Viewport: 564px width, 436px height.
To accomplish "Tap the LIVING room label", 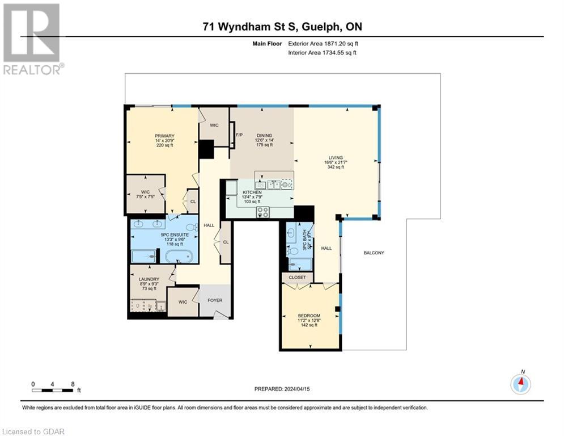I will tap(334, 158).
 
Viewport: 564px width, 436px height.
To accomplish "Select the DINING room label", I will tap(264, 135).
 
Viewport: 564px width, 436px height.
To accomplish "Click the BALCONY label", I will tap(374, 253).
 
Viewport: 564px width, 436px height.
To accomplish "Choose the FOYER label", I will tap(215, 300).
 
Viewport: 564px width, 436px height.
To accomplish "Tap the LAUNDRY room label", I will tap(149, 279).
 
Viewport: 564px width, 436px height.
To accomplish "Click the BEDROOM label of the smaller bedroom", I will tap(309, 316).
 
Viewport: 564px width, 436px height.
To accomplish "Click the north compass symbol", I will tap(520, 384).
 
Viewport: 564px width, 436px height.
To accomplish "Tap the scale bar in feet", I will tap(53, 390).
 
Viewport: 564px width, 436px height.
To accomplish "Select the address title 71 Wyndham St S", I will tap(282, 26).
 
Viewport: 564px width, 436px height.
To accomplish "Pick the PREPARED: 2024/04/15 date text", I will tap(282, 389).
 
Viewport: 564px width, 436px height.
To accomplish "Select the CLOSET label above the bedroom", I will tap(297, 278).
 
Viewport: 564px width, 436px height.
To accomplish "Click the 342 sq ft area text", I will tap(334, 167).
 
